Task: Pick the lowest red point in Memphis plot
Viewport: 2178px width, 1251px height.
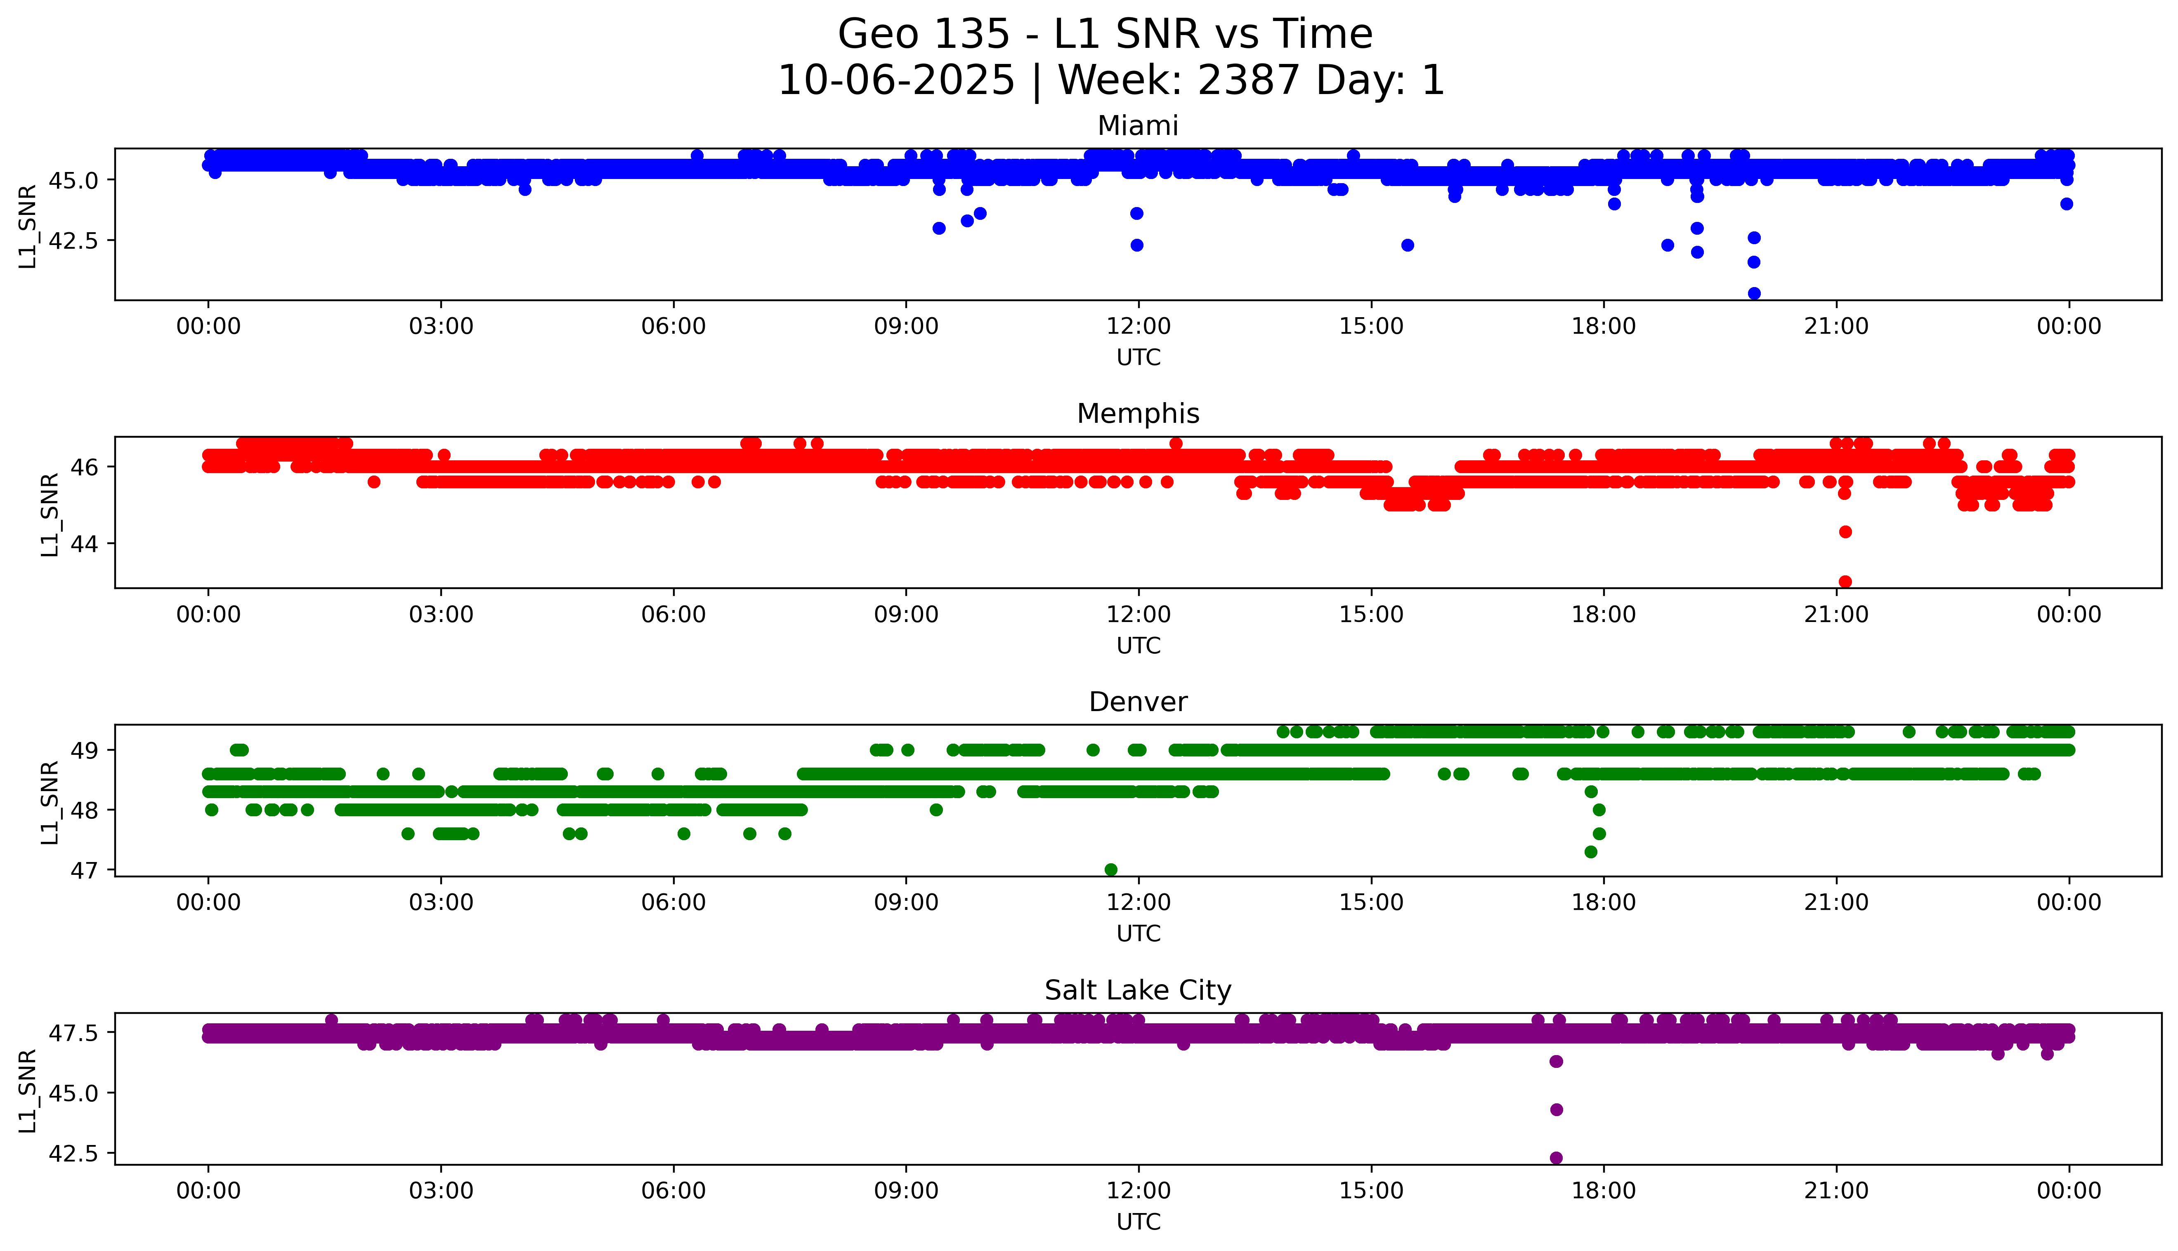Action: click(1845, 582)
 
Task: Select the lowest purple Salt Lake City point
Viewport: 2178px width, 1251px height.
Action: click(1556, 1157)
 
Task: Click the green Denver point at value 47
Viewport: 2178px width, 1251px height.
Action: click(1110, 869)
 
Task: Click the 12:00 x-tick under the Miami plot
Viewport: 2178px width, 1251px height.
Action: click(1138, 327)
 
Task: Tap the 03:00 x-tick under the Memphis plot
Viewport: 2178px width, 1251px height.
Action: click(441, 614)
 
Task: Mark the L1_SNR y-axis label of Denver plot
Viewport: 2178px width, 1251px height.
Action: click(50, 802)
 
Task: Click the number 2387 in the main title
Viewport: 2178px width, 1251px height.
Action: click(1248, 81)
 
